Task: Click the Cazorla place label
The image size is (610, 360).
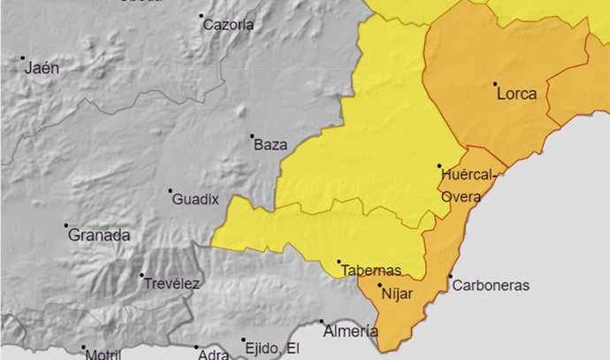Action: point(228,25)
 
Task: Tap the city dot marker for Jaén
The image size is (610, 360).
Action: point(23,58)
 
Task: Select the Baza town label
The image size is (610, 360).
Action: point(271,145)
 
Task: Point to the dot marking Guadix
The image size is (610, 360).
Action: point(171,190)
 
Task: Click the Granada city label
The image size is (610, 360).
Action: point(99,235)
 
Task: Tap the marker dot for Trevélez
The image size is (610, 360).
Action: point(141,275)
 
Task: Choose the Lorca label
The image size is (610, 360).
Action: point(517,94)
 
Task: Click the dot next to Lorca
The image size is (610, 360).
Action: point(494,85)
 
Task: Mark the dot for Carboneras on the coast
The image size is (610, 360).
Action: point(450,277)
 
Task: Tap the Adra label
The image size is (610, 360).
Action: point(215,355)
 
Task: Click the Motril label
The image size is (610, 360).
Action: point(103,355)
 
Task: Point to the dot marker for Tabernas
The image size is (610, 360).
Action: point(339,262)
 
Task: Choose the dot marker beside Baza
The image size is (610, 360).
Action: point(252,136)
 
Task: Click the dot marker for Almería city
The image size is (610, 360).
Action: point(322,322)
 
